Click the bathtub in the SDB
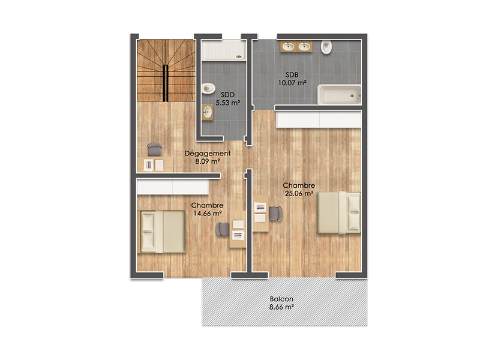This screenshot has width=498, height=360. coord(338,95)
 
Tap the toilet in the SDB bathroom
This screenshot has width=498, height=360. coord(327,47)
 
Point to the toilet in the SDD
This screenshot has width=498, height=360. coord(208,88)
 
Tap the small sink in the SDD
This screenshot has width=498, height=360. coord(207,112)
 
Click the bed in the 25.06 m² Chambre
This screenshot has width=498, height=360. coord(338,213)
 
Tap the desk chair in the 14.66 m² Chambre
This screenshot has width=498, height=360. coord(223,229)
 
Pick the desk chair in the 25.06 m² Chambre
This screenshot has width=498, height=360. coord(275,213)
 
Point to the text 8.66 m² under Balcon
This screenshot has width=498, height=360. coord(281,307)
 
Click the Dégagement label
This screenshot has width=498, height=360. coord(208,153)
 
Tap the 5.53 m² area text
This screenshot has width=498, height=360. coord(227,103)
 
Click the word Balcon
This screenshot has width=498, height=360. coord(281,298)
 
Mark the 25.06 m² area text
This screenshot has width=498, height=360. coord(299,193)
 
